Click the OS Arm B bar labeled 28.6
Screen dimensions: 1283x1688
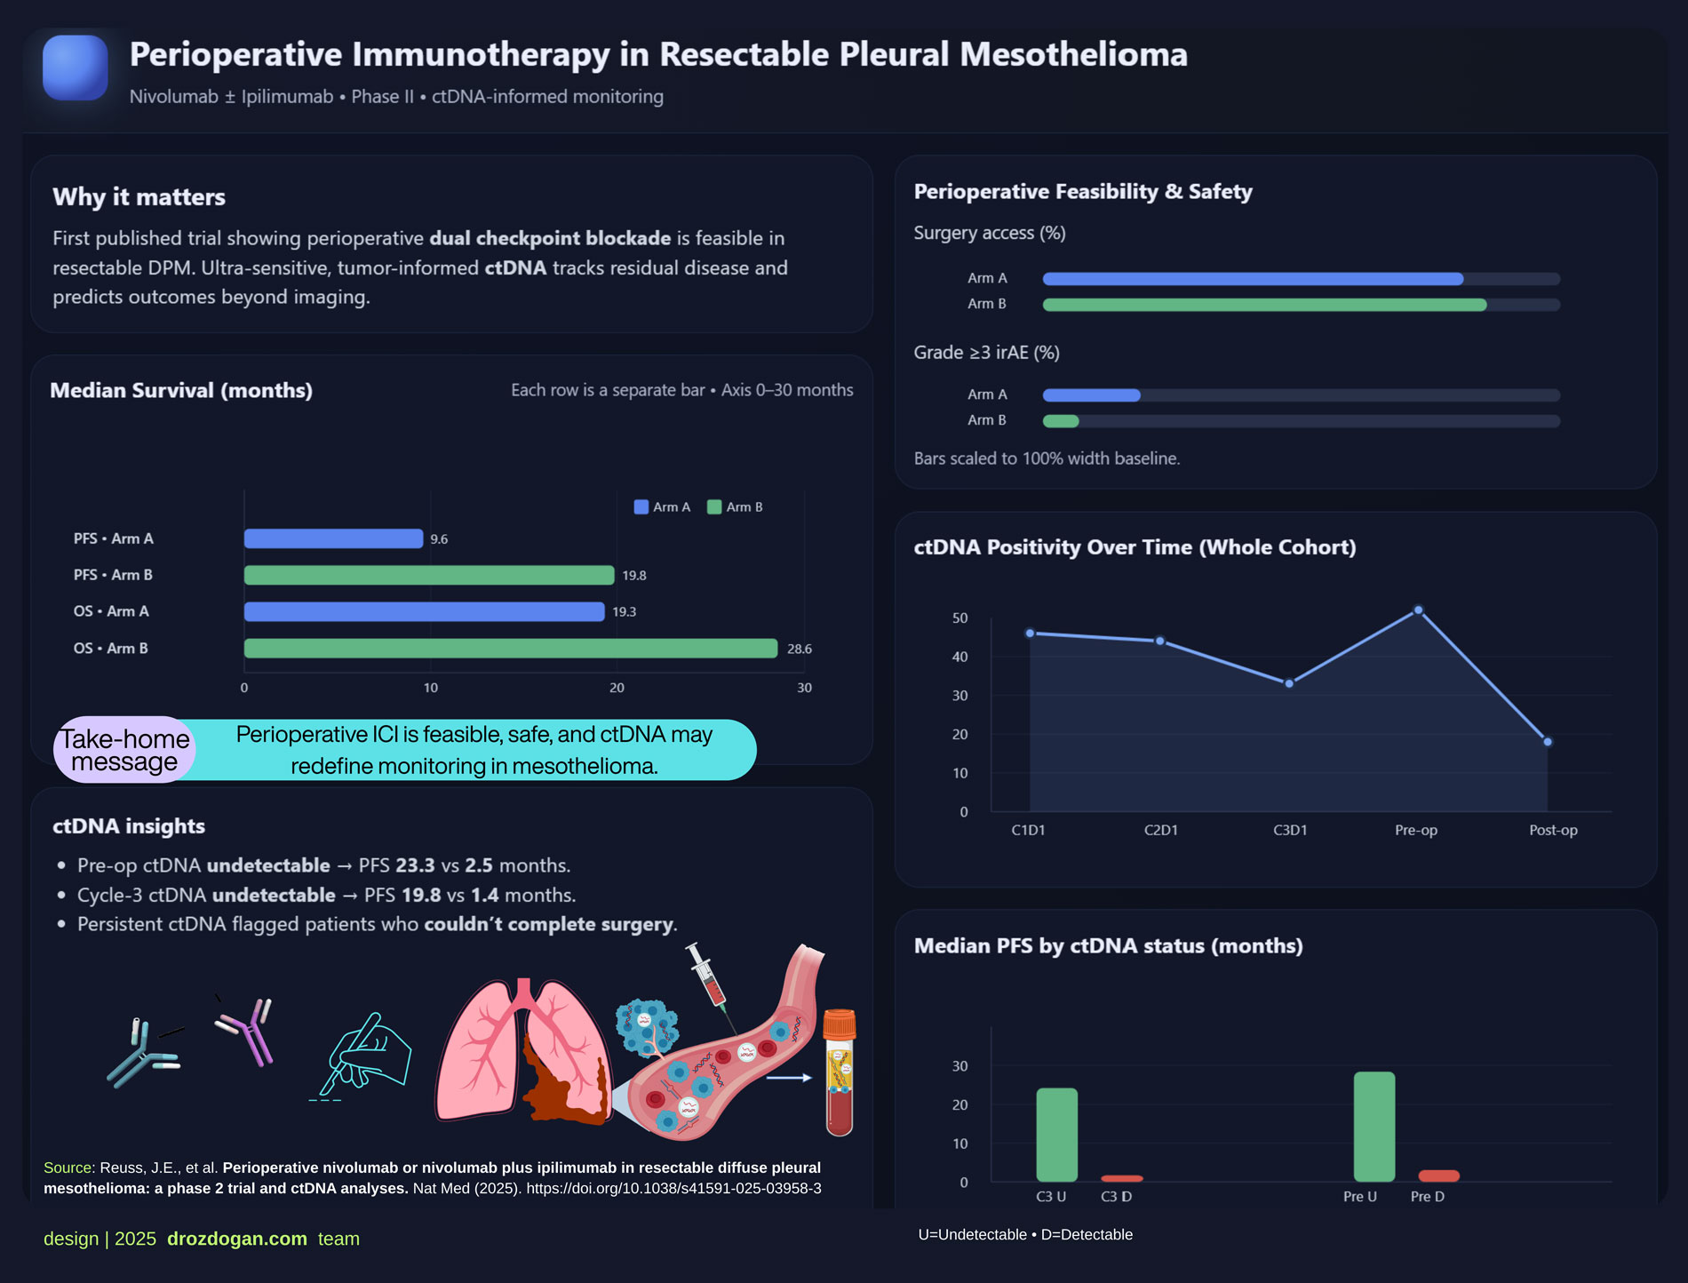[511, 649]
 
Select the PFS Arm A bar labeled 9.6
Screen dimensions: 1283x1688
[333, 538]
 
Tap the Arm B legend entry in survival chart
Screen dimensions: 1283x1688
[735, 507]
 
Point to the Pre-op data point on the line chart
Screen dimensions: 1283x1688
[1418, 610]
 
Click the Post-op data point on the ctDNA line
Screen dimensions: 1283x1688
[1548, 742]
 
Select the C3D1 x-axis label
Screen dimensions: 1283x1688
[1290, 830]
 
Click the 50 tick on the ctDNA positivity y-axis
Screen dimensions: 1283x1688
[959, 618]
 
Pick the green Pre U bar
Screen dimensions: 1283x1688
[1373, 1127]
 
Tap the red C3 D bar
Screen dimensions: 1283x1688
[1121, 1178]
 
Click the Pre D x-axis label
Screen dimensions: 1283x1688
[1427, 1197]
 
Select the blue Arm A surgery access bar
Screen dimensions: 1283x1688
[1253, 279]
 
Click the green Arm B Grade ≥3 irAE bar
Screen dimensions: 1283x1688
[1061, 421]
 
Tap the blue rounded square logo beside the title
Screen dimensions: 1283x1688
[76, 68]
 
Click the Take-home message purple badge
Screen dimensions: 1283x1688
[124, 750]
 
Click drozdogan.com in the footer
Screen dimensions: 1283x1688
[236, 1239]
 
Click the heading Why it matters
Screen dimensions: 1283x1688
[139, 197]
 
